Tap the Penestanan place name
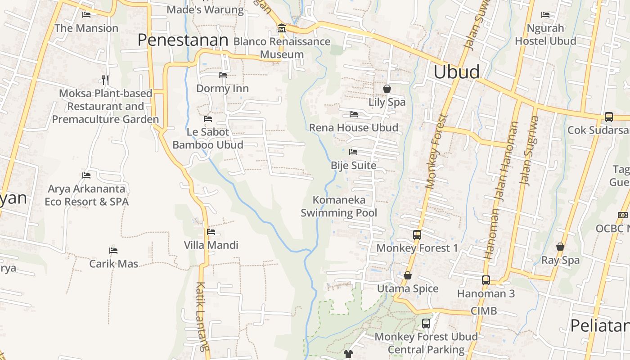pos(183,40)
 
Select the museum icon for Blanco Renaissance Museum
pos(282,28)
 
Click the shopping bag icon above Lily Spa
pos(387,89)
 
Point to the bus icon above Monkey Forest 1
pos(417,234)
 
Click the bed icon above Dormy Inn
pos(222,75)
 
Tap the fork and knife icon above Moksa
pos(105,80)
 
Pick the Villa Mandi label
pos(211,245)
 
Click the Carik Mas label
pos(113,264)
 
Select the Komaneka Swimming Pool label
pos(339,206)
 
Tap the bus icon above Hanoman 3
pos(486,280)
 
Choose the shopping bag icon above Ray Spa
pos(560,247)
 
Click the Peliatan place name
pos(600,325)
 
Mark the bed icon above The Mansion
pos(86,15)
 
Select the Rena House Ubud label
pos(353,128)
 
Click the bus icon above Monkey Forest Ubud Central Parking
pos(426,323)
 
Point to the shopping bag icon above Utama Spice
pos(408,275)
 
